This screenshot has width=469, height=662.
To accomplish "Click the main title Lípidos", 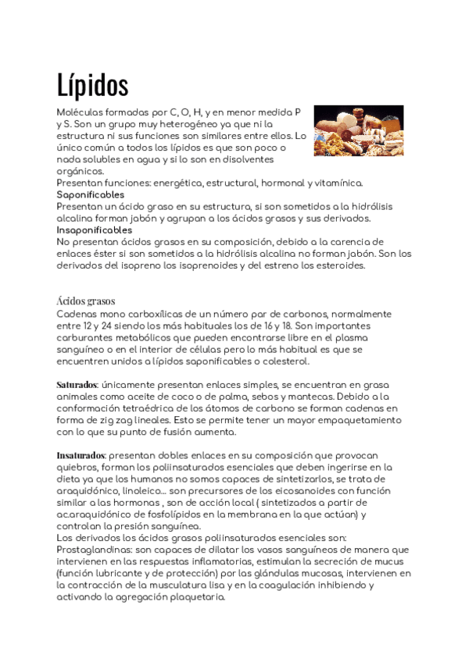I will pyautogui.click(x=93, y=84).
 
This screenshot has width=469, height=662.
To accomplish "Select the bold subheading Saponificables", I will pyautogui.click(x=91, y=194).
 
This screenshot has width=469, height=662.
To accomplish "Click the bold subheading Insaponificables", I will pyautogui.click(x=95, y=230).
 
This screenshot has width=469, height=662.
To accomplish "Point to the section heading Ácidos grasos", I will pyautogui.click(x=86, y=301).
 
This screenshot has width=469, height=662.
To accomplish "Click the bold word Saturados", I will pyautogui.click(x=77, y=385).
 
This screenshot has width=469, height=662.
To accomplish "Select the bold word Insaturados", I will pyautogui.click(x=81, y=454).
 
